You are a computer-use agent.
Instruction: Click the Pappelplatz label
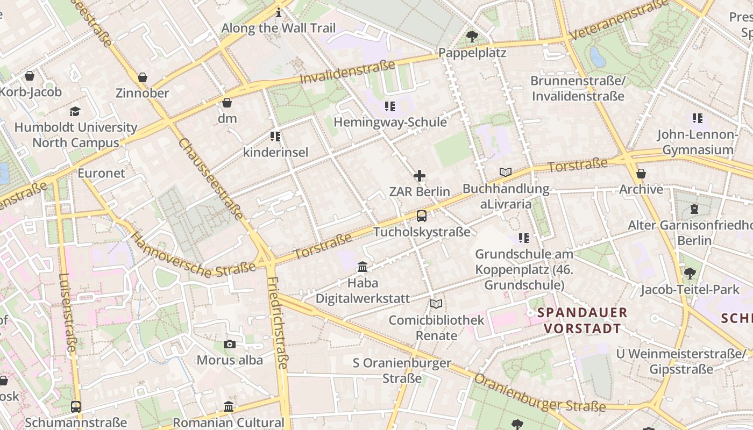point(472,53)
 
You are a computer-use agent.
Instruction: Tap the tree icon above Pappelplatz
point(472,37)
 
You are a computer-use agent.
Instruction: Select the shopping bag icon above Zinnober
point(143,77)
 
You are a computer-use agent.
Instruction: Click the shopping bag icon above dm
point(227,102)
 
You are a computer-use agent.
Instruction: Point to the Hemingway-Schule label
point(390,122)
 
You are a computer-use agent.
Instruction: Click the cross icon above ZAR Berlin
point(420,176)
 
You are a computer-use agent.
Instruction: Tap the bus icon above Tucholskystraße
point(422,216)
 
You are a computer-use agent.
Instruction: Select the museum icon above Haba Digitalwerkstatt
point(363,267)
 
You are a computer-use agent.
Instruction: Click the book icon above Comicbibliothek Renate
point(436,304)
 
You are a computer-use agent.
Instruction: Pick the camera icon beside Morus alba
point(230,344)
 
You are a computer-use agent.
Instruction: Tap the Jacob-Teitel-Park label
point(690,290)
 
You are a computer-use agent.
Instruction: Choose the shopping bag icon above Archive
point(641,174)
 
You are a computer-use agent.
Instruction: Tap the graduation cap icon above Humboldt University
point(75,111)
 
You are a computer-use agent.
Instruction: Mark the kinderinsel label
point(275,152)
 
